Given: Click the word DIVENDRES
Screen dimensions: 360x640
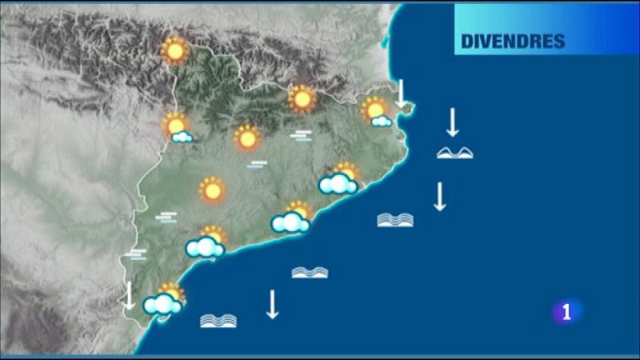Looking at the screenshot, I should click(513, 41).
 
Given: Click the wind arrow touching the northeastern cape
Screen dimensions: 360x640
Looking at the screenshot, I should click(401, 93).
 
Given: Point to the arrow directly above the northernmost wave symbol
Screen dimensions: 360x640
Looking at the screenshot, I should click(452, 122).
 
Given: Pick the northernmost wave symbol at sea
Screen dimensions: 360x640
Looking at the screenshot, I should click(454, 152).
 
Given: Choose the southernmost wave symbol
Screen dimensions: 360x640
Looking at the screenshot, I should click(218, 321).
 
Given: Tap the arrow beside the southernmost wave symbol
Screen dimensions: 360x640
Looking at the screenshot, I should click(272, 304).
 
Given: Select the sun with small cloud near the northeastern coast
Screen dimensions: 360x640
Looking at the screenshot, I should click(375, 111).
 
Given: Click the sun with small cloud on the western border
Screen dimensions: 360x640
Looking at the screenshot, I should click(177, 128).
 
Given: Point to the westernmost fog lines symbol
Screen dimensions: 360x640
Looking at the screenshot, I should click(137, 255).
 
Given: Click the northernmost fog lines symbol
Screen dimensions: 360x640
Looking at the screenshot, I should click(301, 136).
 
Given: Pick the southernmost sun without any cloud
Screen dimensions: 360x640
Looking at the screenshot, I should click(212, 190).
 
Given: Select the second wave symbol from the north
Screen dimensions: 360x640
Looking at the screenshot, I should click(395, 219).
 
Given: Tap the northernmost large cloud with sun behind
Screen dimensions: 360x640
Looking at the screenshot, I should click(339, 181).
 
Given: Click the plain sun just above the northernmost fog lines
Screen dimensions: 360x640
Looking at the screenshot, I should click(302, 99).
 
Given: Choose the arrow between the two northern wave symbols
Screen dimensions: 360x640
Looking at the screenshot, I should click(439, 196).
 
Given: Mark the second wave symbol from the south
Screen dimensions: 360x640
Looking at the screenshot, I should click(310, 273).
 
